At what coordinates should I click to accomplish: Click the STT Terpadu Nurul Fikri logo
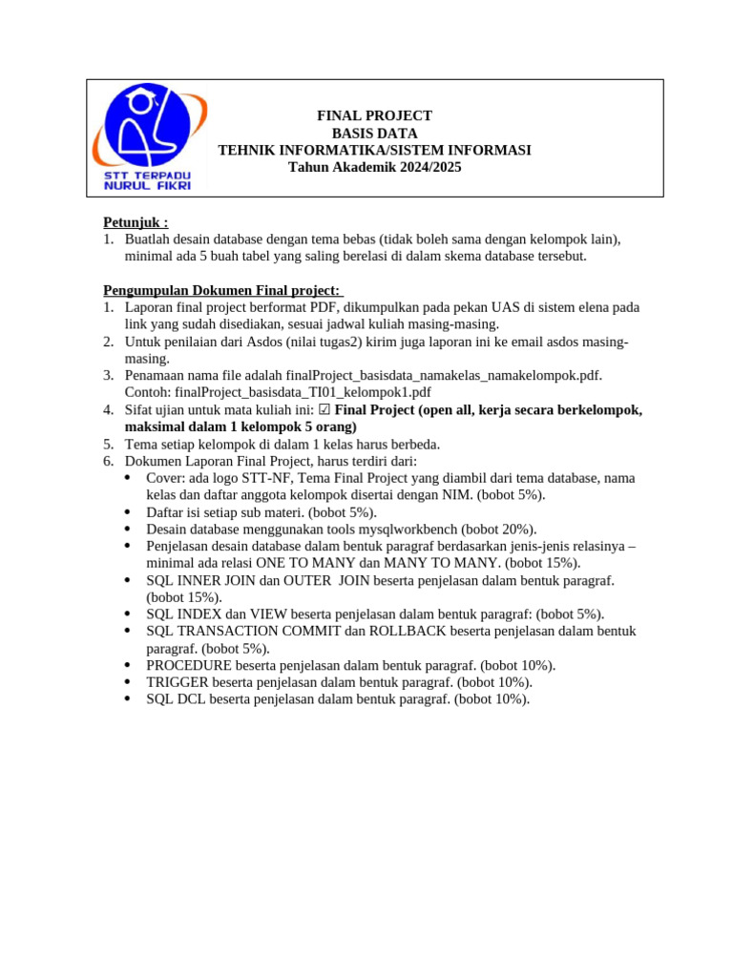click(x=147, y=136)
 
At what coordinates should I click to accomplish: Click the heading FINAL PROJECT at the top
click(x=374, y=115)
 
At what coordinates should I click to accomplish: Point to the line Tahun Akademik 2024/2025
click(x=374, y=167)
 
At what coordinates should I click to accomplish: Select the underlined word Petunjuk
click(x=134, y=221)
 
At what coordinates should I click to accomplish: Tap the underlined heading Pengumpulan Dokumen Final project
click(x=220, y=290)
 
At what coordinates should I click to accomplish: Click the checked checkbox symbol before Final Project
click(x=325, y=410)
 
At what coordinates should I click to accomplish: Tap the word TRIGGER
click(x=177, y=682)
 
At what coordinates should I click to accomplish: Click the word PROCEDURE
click(x=188, y=665)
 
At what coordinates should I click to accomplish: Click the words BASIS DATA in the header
click(x=374, y=133)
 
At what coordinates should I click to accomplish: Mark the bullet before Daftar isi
click(x=128, y=511)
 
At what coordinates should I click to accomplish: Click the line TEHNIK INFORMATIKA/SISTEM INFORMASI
click(x=374, y=150)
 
